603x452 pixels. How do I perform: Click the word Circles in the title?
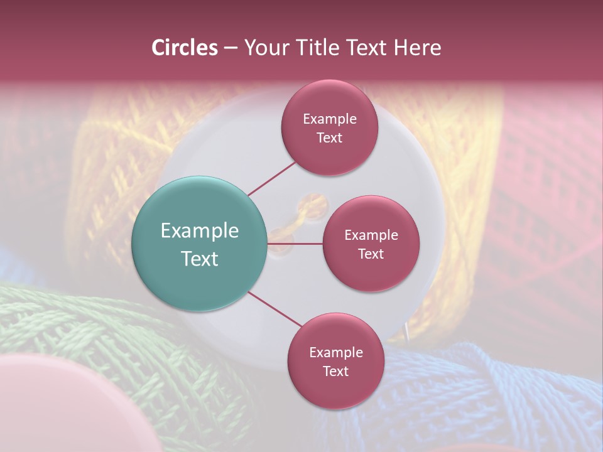184,48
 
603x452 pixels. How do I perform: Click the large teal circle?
199,244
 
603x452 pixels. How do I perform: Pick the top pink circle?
329,127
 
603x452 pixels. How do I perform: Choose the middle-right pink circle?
371,244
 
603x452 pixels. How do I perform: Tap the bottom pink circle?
335,361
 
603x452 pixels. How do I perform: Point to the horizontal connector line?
295,244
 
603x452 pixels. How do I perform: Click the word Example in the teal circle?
199,230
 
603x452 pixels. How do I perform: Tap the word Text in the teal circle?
199,258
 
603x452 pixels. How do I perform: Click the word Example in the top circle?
329,119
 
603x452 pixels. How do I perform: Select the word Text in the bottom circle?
335,371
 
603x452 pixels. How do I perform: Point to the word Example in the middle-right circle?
371,235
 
